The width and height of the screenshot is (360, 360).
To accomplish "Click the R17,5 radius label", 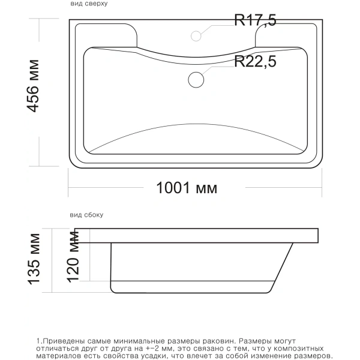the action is (255, 20).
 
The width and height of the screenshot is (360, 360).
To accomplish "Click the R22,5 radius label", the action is (255, 61).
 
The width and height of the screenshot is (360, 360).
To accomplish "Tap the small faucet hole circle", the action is (196, 36).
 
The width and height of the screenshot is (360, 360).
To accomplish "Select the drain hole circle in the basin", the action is (196, 80).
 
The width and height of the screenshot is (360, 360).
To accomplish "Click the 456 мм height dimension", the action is (33, 86).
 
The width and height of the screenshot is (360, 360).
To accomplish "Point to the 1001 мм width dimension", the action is (187, 188).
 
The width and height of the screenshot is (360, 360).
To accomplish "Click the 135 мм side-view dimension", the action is (34, 259).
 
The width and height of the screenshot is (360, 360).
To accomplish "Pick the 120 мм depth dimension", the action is (73, 257).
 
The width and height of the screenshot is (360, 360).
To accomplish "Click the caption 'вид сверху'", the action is (89, 4).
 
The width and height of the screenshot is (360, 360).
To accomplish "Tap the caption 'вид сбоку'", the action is (86, 215).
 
